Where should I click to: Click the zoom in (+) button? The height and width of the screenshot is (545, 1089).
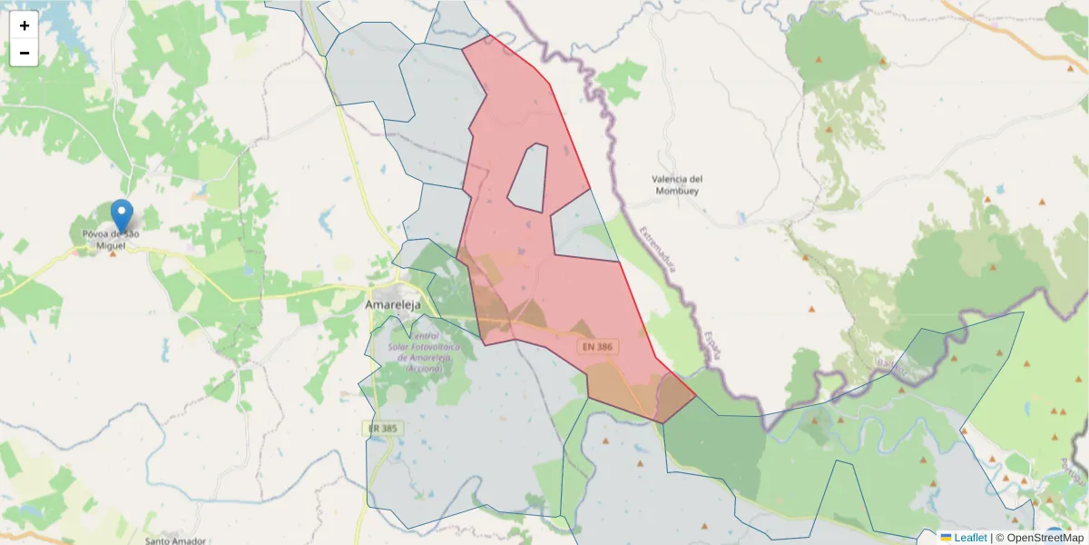[x=25, y=25]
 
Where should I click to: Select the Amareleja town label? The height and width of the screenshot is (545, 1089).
[x=393, y=305]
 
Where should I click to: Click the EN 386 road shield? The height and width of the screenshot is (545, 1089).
[x=598, y=347]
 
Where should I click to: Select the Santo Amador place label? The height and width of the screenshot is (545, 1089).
[x=175, y=540]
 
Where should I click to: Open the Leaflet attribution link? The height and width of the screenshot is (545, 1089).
[x=970, y=538]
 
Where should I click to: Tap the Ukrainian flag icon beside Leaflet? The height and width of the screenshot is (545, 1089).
[x=946, y=538]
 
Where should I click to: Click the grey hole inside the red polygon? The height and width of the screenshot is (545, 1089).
[x=529, y=177]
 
